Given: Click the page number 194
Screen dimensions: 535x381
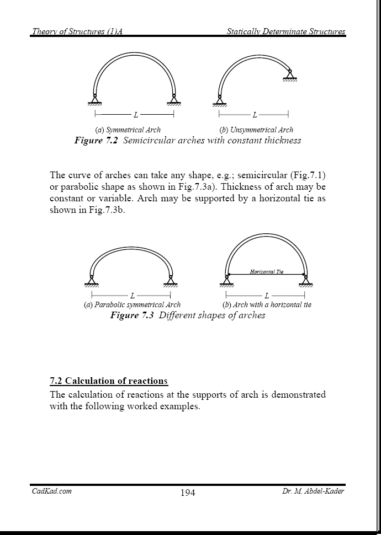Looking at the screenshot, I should [x=188, y=493].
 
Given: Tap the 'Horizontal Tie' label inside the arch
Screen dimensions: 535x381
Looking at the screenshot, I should [x=267, y=271].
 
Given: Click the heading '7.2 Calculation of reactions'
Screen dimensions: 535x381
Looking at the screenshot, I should [x=109, y=381].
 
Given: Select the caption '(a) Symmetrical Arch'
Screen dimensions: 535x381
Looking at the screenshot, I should [x=128, y=130].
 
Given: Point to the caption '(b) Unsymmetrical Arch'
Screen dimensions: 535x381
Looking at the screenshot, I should [x=256, y=130].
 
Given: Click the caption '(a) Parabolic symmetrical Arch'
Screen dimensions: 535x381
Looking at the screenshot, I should [x=133, y=304].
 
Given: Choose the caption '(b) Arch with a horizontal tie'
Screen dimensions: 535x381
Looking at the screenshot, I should [x=267, y=304].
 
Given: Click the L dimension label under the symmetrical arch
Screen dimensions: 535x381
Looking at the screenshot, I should [x=135, y=115].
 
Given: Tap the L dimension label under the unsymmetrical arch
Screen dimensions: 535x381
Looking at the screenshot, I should [x=255, y=115].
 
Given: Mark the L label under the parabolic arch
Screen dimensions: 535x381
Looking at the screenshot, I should [x=132, y=296].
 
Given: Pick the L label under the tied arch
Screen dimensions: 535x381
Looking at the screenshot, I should [x=267, y=296].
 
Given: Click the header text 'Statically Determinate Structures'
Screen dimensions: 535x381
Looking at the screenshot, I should [x=286, y=31].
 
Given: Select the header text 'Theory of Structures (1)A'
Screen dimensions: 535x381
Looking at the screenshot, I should [x=77, y=31].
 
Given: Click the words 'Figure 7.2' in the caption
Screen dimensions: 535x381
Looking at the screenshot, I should [x=97, y=141].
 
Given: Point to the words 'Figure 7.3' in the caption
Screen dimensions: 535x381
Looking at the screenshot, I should [x=133, y=315].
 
